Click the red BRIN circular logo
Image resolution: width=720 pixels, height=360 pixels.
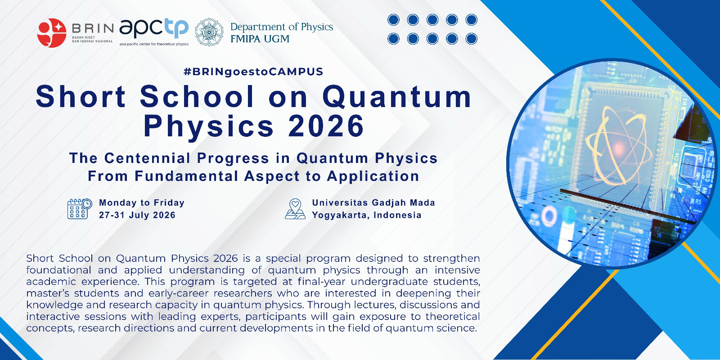(x=52, y=33)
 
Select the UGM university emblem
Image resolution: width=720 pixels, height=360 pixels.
(x=209, y=32)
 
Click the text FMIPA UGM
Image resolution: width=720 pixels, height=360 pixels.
(x=260, y=39)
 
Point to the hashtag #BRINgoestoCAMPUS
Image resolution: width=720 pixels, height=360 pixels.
(x=253, y=72)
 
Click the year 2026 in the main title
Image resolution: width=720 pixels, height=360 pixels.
(x=326, y=126)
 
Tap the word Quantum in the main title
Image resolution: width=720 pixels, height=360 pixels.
(x=397, y=97)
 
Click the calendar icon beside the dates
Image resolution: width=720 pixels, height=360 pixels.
(x=80, y=209)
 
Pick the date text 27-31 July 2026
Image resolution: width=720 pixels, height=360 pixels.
(x=137, y=215)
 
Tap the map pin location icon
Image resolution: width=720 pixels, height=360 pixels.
(x=295, y=209)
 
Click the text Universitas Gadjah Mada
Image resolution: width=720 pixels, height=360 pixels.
(x=373, y=203)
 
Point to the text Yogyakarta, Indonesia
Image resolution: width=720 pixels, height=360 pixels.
(x=367, y=215)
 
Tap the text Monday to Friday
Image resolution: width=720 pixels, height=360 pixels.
(x=142, y=203)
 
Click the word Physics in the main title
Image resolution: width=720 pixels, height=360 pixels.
(x=209, y=127)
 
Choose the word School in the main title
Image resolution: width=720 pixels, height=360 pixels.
(x=197, y=96)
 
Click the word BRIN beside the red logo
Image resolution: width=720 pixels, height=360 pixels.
(x=93, y=29)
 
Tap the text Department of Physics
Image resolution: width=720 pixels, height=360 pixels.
(x=282, y=27)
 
